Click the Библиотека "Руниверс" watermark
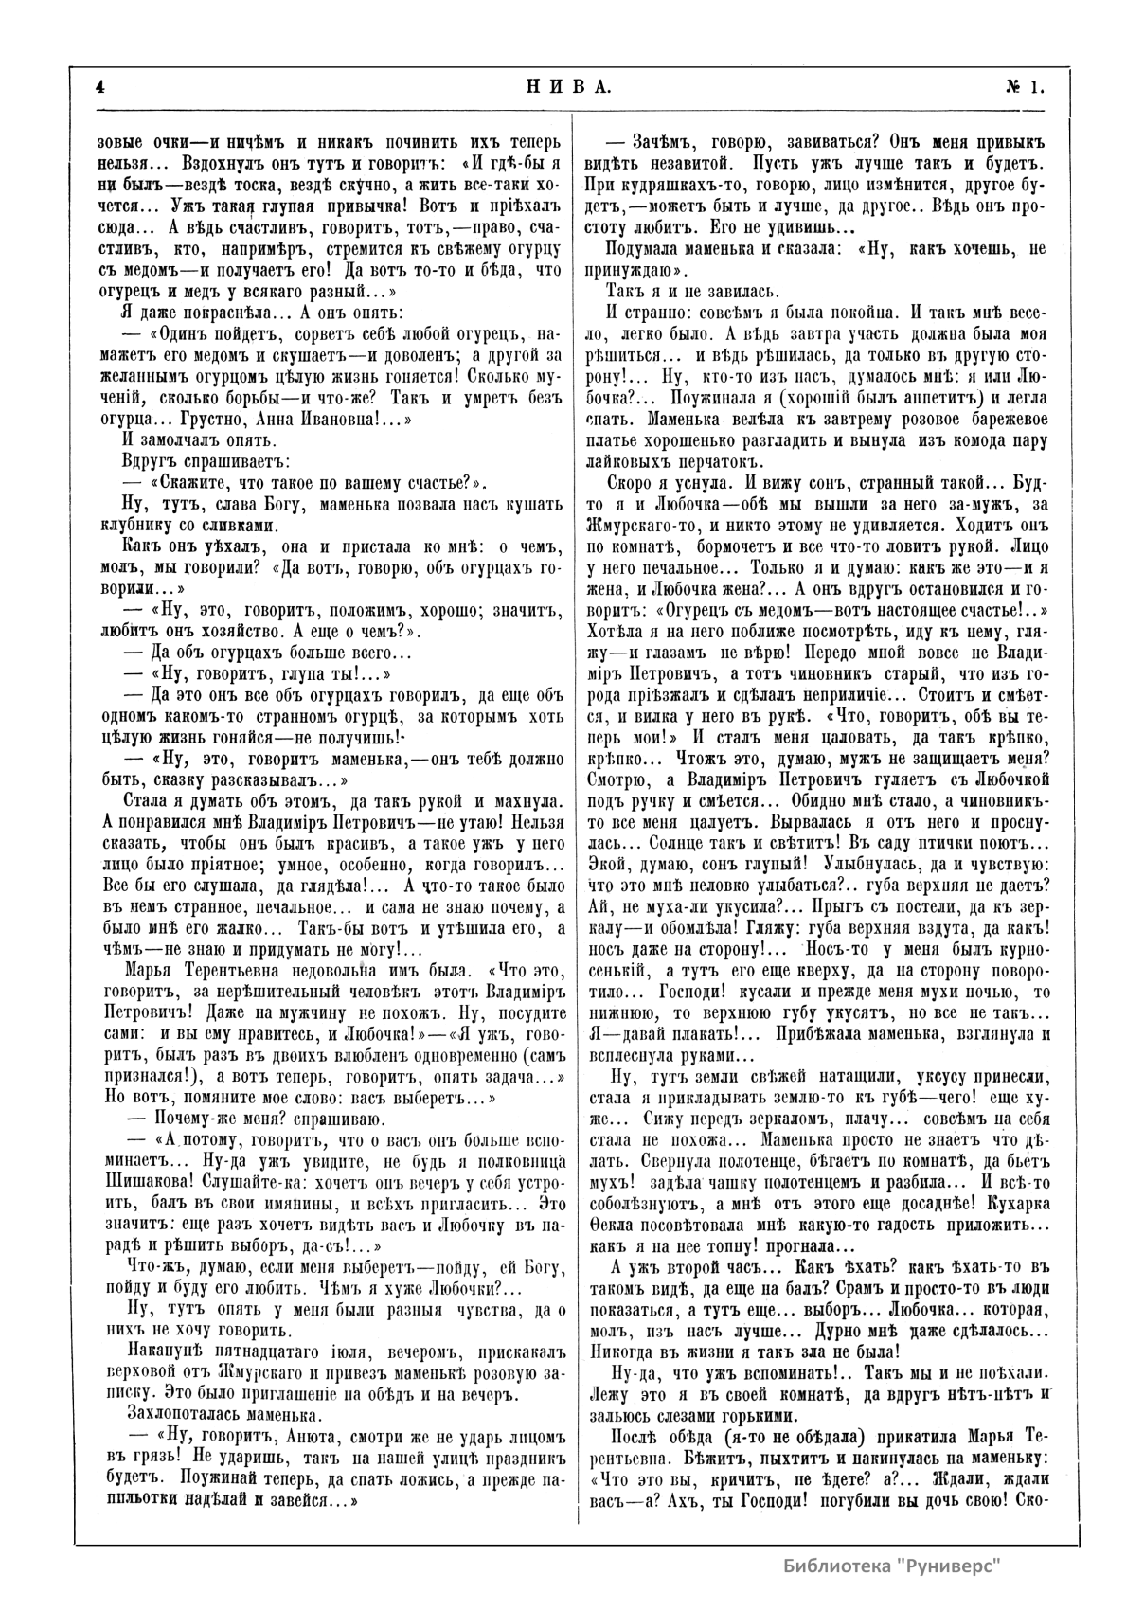coord(892,1565)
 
